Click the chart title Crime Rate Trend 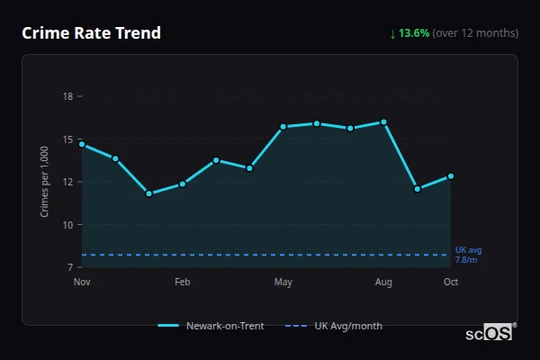(x=91, y=33)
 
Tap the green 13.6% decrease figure (x=413, y=33)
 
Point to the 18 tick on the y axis (x=67, y=96)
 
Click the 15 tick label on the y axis (x=67, y=139)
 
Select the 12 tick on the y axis (x=67, y=182)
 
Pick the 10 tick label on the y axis (x=67, y=225)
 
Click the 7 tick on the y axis (x=70, y=267)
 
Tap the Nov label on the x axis (x=82, y=283)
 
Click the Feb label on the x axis (x=183, y=283)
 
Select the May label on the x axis (x=283, y=283)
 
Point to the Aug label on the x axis (x=384, y=283)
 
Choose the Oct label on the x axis (x=451, y=283)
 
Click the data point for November (x=82, y=144)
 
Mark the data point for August (x=384, y=122)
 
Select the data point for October (x=451, y=176)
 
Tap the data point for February (x=183, y=184)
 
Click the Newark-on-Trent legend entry (x=211, y=326)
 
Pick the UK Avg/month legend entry (x=335, y=326)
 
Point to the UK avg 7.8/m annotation (x=468, y=255)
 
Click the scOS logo (x=489, y=333)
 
